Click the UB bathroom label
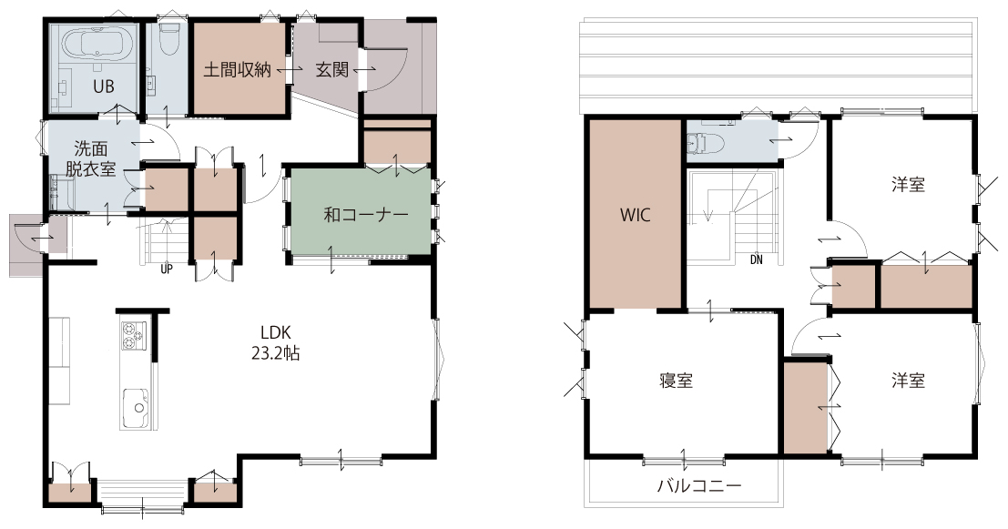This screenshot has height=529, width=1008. point(104,86)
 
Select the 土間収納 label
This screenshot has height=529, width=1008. point(238,69)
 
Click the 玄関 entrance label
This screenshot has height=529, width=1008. point(331,69)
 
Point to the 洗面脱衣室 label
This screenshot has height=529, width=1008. point(91,158)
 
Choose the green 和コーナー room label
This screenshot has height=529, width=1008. point(366,214)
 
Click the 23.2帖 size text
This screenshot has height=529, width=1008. point(275,353)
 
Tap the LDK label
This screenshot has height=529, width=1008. point(276,332)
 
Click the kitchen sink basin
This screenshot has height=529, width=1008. point(135,407)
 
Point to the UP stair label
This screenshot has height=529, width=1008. point(167,270)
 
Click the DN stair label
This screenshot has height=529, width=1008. point(756,259)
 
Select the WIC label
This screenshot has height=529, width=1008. point(635,214)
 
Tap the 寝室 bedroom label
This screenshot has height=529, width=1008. point(677,381)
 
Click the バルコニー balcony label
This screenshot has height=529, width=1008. point(698,484)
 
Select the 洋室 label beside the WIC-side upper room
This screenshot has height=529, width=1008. point(908,185)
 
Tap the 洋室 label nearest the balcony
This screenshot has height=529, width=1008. point(908,381)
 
